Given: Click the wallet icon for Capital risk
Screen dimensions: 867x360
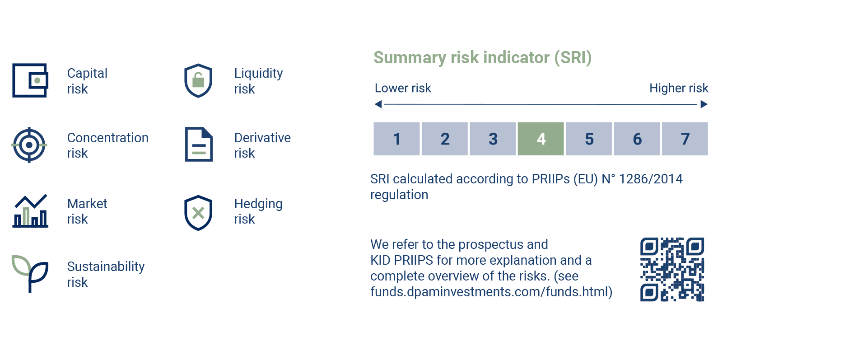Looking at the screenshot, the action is (30, 80).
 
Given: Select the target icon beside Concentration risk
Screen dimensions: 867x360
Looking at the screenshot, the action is (29, 145).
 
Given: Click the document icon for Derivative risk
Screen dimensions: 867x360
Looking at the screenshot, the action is (199, 145).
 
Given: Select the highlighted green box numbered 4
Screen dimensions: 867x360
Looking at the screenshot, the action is (541, 139).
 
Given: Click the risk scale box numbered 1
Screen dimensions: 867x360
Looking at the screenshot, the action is (396, 139).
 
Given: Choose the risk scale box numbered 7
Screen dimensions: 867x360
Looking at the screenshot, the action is (685, 139).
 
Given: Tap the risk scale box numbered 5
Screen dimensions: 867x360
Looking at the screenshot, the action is (589, 139).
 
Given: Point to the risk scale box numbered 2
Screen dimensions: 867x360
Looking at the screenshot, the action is (445, 139).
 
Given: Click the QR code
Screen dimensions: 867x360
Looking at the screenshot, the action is (672, 269).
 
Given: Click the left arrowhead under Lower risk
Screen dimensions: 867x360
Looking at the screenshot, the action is (378, 104).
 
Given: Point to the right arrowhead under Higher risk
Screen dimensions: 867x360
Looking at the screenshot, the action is (704, 104).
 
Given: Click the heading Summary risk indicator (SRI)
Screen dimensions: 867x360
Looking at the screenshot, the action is (482, 58).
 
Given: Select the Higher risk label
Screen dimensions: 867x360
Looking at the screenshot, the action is (679, 88).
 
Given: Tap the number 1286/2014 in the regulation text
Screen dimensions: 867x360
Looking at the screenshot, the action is (651, 179).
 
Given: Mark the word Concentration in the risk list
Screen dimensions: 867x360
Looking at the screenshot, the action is (108, 138).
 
